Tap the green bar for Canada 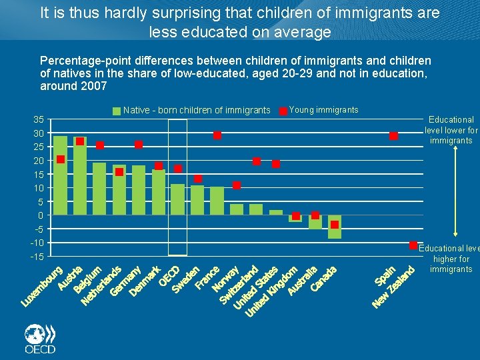point(335,227)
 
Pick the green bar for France point(217,201)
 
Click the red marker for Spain point(394,136)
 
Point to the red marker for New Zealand point(413,246)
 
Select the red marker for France point(217,135)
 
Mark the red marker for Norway point(237,185)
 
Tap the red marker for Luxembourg point(61,159)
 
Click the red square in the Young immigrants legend point(283,111)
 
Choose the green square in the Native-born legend point(117,111)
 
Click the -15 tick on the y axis point(37,257)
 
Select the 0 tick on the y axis point(41,215)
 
